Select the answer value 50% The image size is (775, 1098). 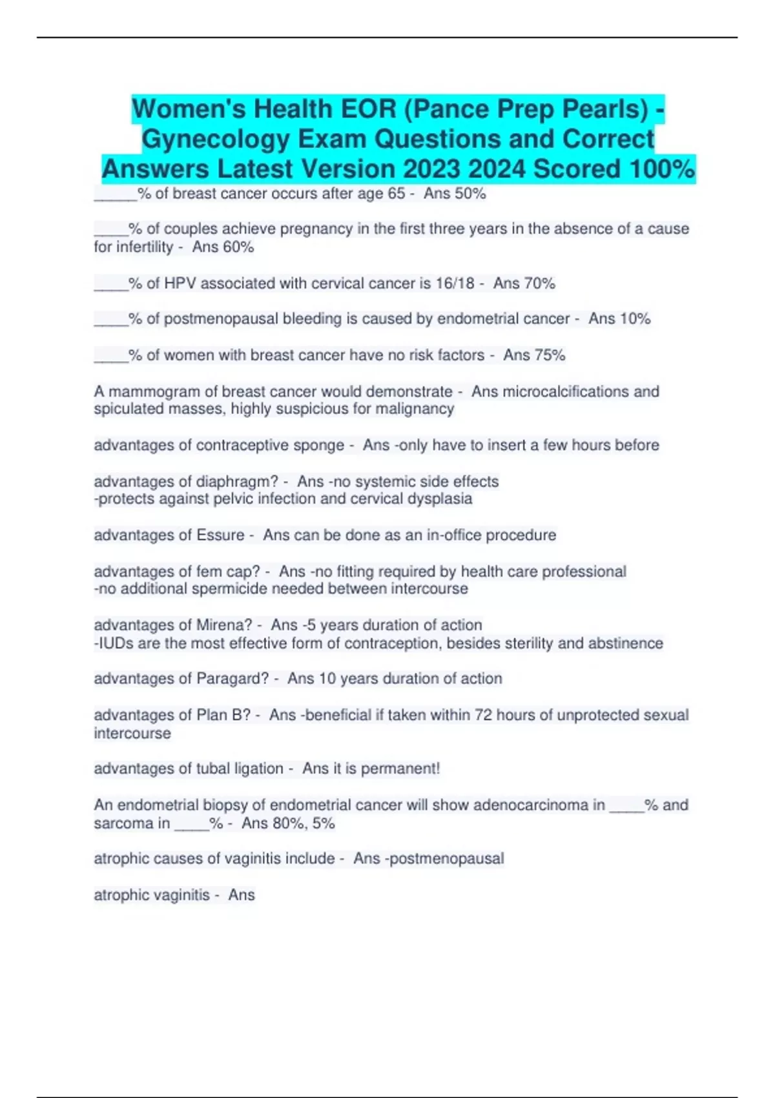click(x=470, y=193)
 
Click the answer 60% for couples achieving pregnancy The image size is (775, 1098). click(x=238, y=247)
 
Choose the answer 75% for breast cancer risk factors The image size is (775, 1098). click(x=550, y=355)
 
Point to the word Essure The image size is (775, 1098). click(x=220, y=535)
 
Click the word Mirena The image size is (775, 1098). click(x=224, y=625)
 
